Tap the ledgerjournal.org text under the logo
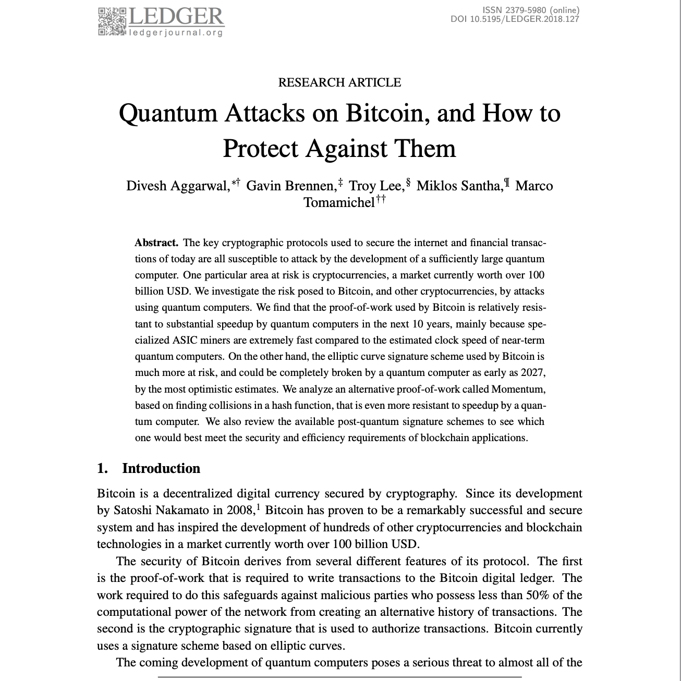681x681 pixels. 176,33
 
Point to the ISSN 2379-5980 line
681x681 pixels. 530,10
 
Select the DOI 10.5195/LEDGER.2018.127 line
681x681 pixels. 515,19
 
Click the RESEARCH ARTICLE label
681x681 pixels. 339,82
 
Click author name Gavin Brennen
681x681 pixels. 290,186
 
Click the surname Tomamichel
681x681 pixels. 338,202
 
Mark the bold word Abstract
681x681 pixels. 156,242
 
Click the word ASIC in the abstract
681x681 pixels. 185,340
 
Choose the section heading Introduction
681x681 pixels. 161,468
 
